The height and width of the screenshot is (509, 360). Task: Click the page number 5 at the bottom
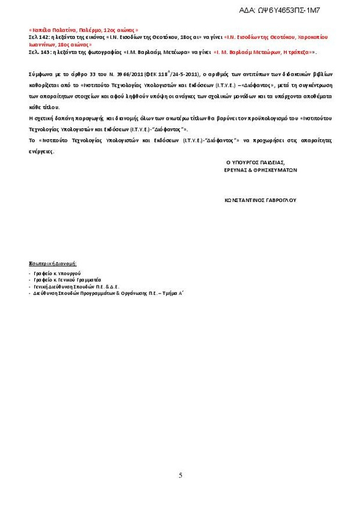coord(180,475)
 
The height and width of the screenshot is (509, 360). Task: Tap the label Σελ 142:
coord(39,37)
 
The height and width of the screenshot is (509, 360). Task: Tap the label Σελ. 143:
coord(40,53)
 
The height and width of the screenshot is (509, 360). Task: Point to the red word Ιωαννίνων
coord(42,45)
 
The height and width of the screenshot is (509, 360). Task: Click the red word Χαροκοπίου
coord(312,37)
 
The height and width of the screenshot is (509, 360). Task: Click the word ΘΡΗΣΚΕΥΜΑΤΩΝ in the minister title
coord(276,170)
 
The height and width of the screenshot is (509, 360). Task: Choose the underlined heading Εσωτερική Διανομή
coord(53,264)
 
